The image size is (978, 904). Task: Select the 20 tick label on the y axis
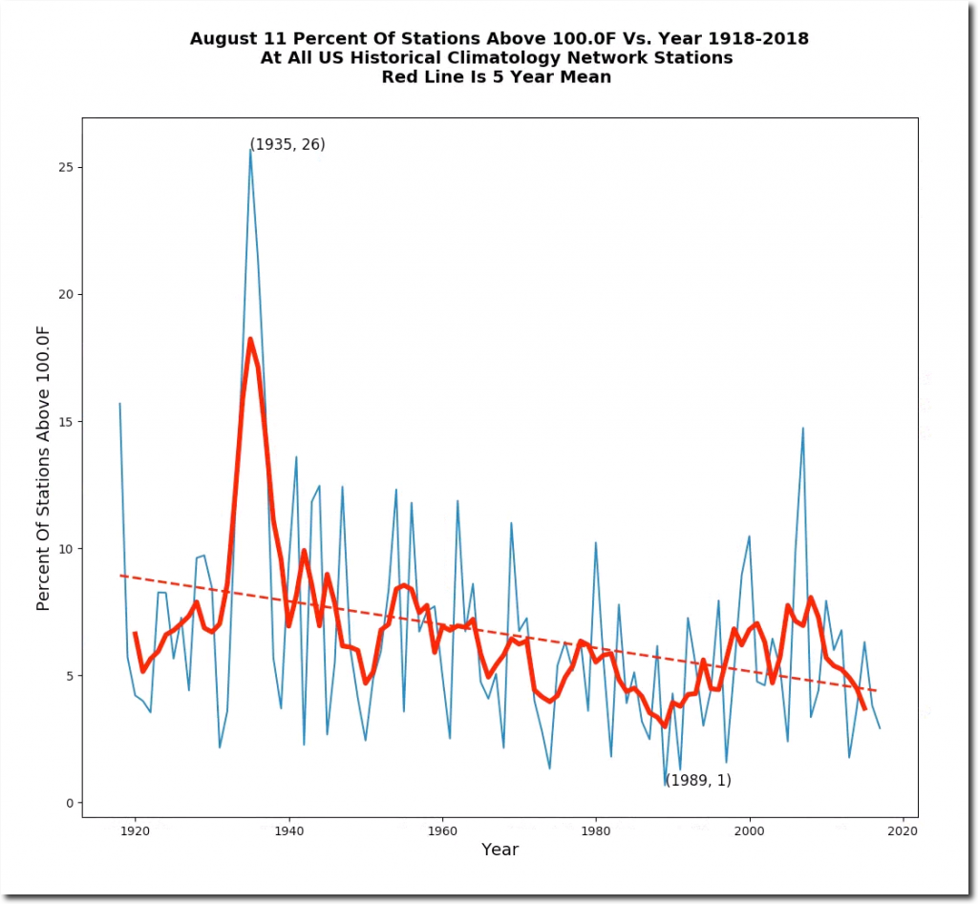66,294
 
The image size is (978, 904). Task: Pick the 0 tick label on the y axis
70,803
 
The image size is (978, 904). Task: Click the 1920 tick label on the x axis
135,831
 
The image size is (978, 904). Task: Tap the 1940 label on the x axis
288,831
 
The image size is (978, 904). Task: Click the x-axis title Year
500,850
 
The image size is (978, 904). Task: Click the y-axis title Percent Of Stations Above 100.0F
43,467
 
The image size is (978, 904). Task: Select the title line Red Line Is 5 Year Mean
497,77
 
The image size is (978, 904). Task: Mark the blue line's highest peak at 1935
250,150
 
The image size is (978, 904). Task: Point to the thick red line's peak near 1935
250,339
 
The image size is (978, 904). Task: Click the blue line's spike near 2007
803,428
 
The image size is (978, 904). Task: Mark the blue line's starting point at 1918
119,403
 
